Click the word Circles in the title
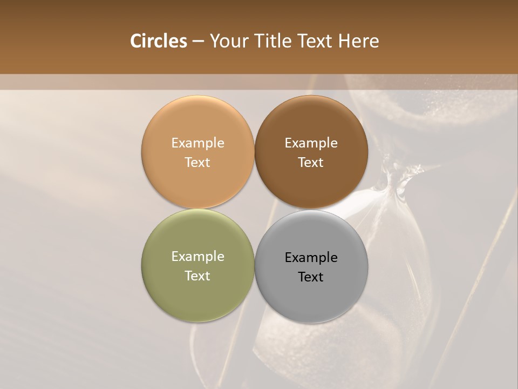click(x=158, y=41)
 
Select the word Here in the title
click(x=359, y=41)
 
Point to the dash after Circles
click(x=198, y=42)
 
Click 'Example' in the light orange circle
click(x=197, y=143)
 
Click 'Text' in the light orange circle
click(x=197, y=163)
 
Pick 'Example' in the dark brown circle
click(x=311, y=143)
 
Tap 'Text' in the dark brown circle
click(x=311, y=163)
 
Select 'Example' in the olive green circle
click(x=197, y=257)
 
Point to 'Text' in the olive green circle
click(x=197, y=276)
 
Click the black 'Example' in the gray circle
click(x=311, y=258)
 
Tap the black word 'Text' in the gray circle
click(x=311, y=277)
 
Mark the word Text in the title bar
click(x=314, y=41)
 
